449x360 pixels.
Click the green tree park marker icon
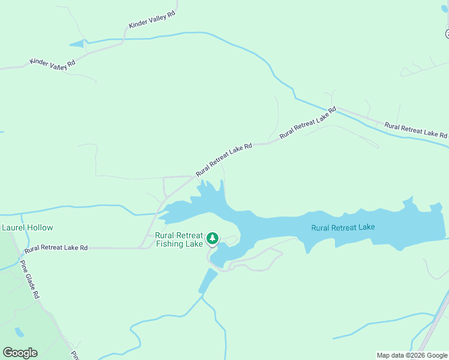click(212, 239)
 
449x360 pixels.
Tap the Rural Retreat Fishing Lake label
click(179, 239)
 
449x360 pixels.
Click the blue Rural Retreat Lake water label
click(343, 227)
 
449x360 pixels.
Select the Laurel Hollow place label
click(28, 227)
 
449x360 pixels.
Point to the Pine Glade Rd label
click(29, 280)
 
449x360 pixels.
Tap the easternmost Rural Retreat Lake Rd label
click(415, 130)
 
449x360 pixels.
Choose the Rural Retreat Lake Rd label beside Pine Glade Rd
click(56, 247)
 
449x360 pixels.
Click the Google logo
click(20, 353)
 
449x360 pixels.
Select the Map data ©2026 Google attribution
click(412, 355)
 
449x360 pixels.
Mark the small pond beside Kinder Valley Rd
click(77, 44)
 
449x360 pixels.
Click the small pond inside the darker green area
click(20, 332)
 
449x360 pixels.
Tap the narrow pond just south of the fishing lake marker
click(208, 281)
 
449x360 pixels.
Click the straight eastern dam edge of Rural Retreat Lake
click(444, 231)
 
